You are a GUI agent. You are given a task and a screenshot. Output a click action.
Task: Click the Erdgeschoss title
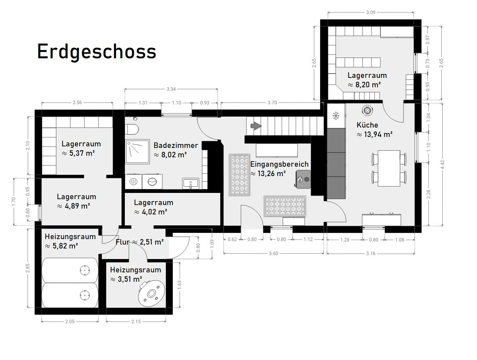(x=97, y=52)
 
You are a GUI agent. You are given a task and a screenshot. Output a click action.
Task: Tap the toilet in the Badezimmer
(x=133, y=129)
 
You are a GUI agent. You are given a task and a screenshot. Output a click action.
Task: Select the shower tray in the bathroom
(x=138, y=151)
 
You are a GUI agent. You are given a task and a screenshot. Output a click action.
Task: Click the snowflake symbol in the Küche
(x=336, y=116)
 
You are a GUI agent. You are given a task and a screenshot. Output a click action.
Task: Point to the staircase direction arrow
(x=256, y=126)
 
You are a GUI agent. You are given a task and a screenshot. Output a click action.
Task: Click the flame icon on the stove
(x=300, y=179)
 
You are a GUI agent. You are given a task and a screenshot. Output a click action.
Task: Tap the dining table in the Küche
(x=389, y=168)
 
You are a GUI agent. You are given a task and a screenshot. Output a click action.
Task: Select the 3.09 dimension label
(x=371, y=13)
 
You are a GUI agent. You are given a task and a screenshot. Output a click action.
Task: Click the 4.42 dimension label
(x=443, y=164)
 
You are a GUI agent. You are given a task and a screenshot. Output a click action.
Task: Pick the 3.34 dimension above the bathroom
(x=171, y=89)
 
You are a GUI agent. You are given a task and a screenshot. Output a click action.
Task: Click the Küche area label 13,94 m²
(x=374, y=135)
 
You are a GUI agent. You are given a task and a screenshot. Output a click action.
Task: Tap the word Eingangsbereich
(x=279, y=164)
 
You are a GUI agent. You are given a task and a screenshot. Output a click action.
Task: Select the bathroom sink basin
(x=191, y=183)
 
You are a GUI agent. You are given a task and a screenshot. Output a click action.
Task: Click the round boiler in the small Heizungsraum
(x=151, y=294)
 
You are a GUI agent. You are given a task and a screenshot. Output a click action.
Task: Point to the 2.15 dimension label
(x=136, y=321)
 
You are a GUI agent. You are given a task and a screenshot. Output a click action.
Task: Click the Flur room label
(x=122, y=242)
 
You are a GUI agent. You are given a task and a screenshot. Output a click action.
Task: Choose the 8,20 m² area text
(x=364, y=85)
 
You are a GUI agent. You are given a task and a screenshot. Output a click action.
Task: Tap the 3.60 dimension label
(x=274, y=253)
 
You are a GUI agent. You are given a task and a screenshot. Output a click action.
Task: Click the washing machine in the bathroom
(x=152, y=182)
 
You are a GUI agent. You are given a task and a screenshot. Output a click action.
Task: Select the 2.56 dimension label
(x=77, y=103)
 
